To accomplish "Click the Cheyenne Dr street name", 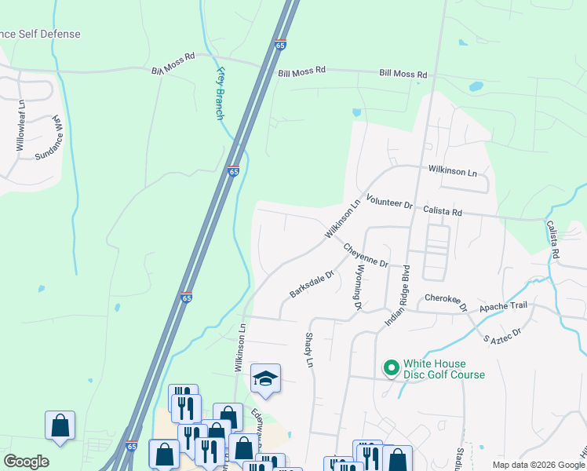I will point(366,255).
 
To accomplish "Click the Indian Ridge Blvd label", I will point(398,301).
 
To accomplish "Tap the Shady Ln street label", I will point(309,350).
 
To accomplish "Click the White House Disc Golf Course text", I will point(443,369).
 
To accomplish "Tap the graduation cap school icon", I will point(265,378).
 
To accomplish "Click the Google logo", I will point(26,462).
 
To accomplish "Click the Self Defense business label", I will point(41,35).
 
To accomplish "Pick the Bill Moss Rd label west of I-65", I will point(173,65).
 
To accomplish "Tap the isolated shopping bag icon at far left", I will point(60,425).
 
